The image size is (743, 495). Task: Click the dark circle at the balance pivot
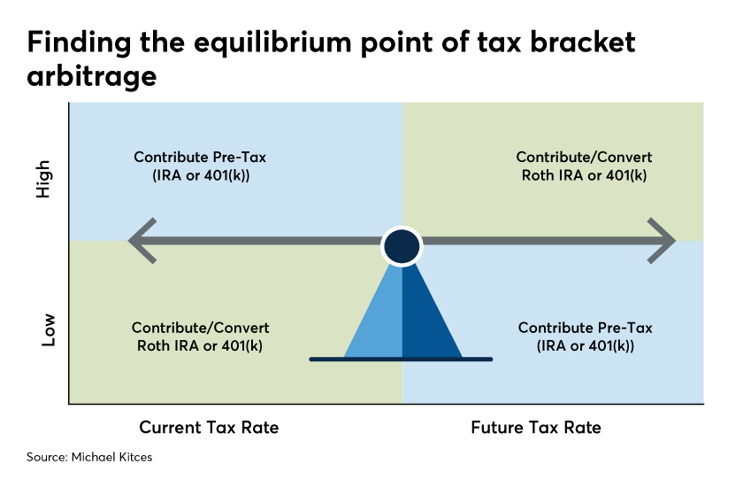pos(402,246)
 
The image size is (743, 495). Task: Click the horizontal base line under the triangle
pos(401,360)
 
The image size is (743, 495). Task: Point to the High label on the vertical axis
pos(43,179)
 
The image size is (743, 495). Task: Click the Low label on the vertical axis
pos(48,329)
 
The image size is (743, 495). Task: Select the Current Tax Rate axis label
pos(209,428)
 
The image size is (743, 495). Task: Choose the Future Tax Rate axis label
pos(536,428)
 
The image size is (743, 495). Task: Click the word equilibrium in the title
pos(274,43)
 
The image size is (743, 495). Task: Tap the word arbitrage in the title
pos(91,76)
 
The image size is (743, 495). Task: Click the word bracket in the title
pos(582,42)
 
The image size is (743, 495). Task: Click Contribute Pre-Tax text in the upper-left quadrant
pos(200,157)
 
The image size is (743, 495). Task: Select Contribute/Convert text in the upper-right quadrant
pos(585,157)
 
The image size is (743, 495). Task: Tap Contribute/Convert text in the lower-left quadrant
pos(201,328)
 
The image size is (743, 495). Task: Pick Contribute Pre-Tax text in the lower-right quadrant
pos(586,328)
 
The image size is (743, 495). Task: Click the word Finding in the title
pos(79,43)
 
